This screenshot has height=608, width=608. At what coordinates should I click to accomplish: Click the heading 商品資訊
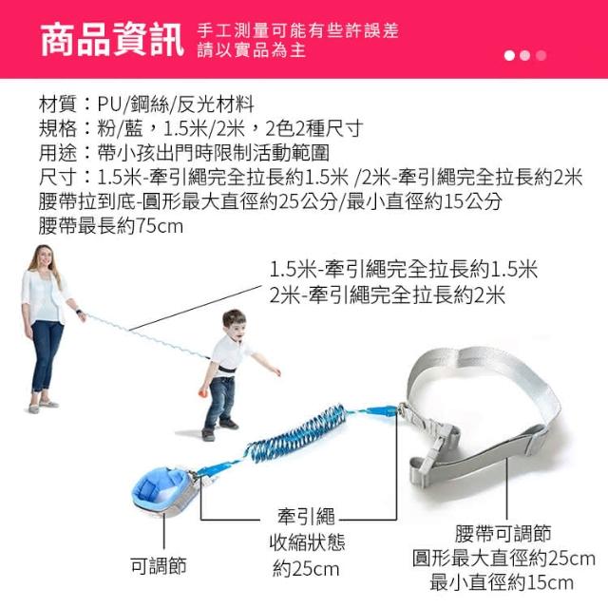click(x=112, y=40)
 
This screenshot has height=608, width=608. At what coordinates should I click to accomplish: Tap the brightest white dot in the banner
click(x=509, y=55)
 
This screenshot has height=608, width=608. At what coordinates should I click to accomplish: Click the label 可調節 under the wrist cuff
click(x=159, y=566)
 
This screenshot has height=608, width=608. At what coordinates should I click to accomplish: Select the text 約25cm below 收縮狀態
click(x=306, y=569)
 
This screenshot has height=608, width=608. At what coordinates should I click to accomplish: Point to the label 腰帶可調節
click(x=503, y=534)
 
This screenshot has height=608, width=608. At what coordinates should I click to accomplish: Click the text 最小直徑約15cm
click(x=502, y=582)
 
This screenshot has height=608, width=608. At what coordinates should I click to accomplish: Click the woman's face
click(x=45, y=257)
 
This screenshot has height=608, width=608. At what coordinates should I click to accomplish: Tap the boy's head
click(x=234, y=325)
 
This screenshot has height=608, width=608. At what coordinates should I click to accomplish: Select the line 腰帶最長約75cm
click(x=110, y=226)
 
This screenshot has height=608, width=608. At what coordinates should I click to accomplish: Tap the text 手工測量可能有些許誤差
click(x=297, y=31)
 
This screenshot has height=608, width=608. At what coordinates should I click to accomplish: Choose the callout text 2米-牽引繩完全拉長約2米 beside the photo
click(x=387, y=295)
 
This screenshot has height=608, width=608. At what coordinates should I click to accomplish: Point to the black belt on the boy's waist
click(x=226, y=369)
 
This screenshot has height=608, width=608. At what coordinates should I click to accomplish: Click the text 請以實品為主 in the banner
click(x=252, y=50)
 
